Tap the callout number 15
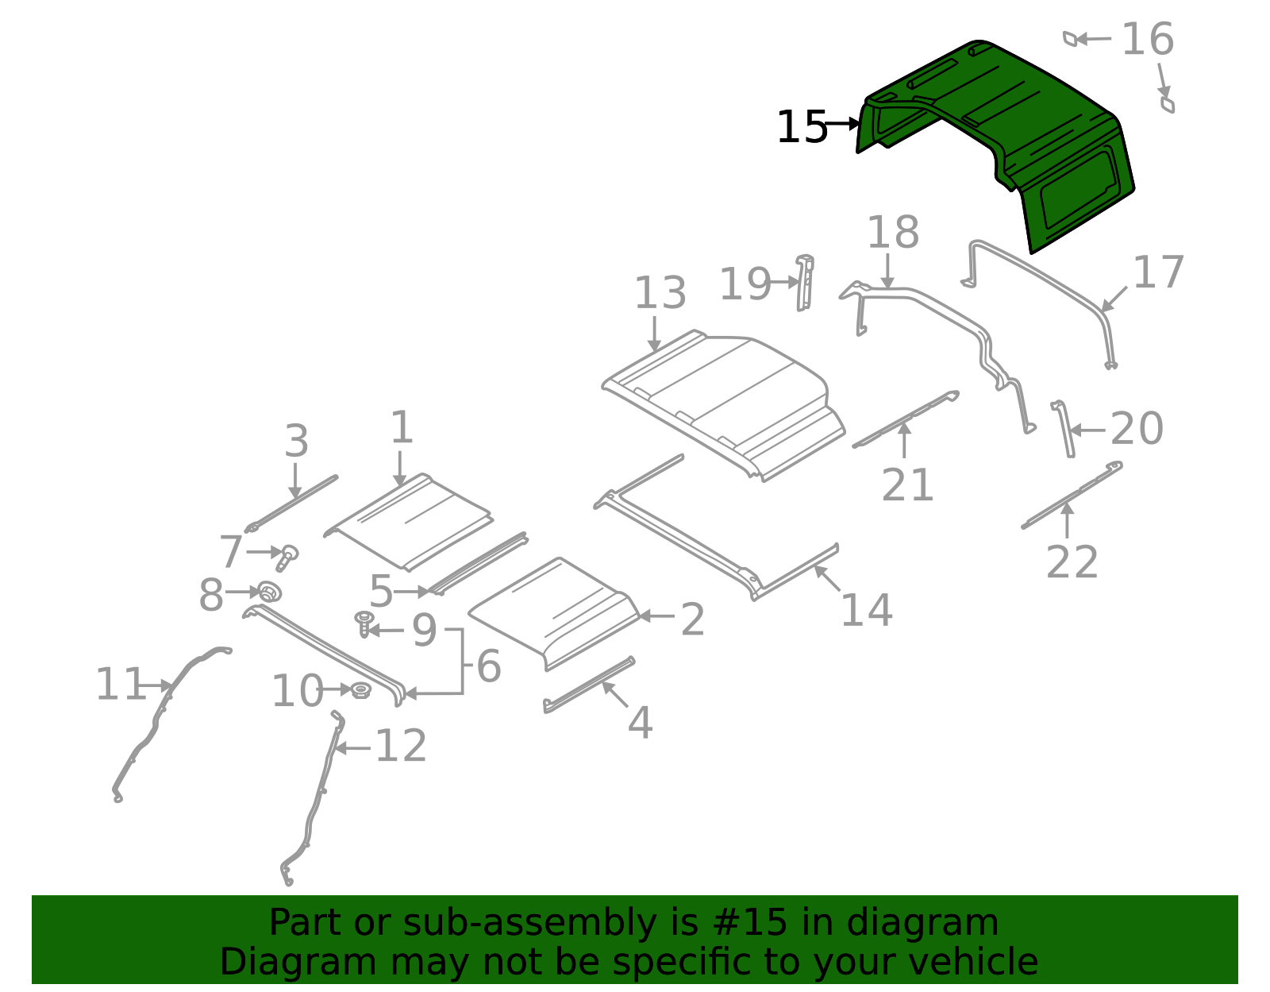pos(801,127)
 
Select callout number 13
pos(659,294)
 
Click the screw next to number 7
pos(287,556)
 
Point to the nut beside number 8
pos(270,592)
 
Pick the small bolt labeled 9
pos(364,622)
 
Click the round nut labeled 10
pos(360,689)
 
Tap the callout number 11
pos(120,685)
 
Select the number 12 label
pos(401,747)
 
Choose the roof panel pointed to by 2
pos(556,612)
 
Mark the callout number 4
pos(640,723)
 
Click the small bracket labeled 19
pos(805,282)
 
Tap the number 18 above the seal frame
pos(892,233)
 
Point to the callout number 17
pos(1158,272)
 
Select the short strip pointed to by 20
pos(1064,429)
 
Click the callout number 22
pos(1072,562)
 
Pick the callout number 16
pos(1147,40)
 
